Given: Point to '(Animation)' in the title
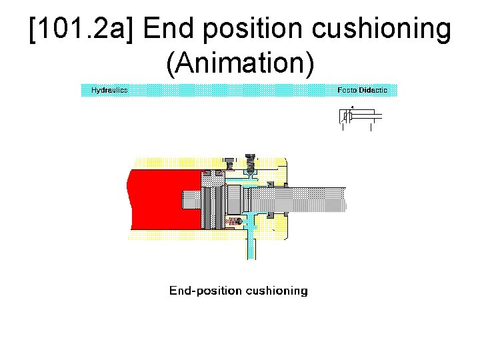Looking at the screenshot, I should click(240, 63).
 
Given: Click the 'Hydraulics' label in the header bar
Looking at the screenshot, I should click(109, 90).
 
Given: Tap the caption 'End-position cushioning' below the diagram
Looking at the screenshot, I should click(238, 291).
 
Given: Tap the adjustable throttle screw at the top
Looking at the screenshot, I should click(251, 163).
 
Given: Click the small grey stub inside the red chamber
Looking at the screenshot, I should click(190, 199).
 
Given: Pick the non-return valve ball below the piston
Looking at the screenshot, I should click(234, 221).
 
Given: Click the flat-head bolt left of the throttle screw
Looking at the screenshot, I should click(231, 163).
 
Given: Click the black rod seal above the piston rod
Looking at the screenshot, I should click(270, 183).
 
